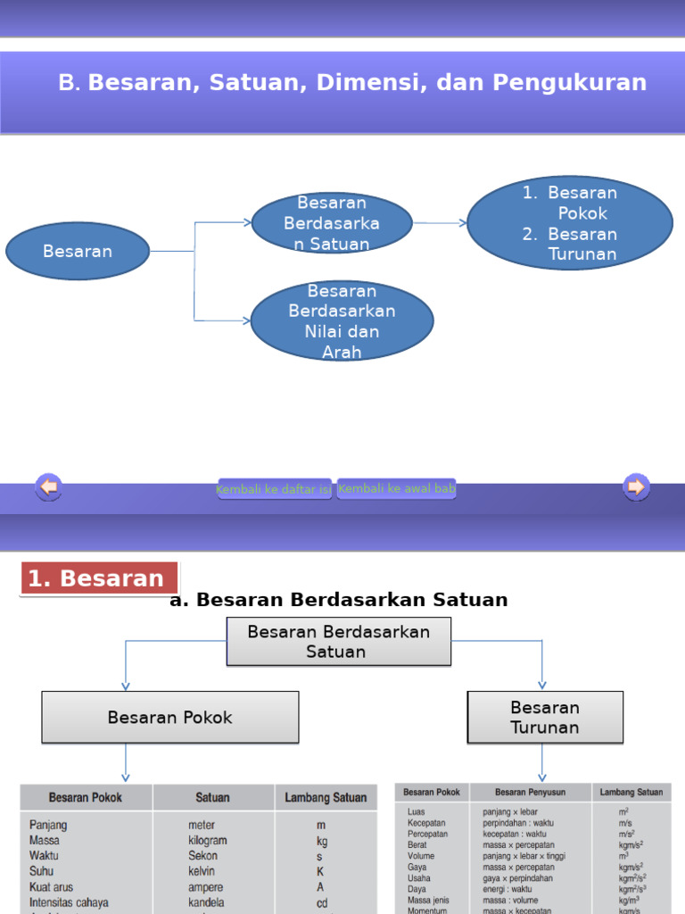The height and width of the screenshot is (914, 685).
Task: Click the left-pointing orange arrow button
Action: coord(48,486)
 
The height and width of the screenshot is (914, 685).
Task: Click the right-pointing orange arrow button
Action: coord(636,486)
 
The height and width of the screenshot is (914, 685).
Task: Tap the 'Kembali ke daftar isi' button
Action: coord(275,489)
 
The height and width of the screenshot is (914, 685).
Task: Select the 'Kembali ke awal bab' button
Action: coord(397,488)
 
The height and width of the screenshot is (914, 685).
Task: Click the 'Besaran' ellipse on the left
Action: coord(78,251)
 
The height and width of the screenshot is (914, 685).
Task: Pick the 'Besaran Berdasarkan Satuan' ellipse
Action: coord(332,223)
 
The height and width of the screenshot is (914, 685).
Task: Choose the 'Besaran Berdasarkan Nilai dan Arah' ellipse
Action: coord(342,321)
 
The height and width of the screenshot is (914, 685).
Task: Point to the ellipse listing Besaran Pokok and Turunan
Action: coord(570,223)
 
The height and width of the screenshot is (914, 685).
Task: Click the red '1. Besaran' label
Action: coord(98,578)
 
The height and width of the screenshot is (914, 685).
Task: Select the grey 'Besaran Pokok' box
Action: coord(169,718)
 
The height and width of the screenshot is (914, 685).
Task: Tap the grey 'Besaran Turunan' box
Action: coord(545,718)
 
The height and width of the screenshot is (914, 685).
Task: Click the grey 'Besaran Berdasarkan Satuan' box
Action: coord(339,642)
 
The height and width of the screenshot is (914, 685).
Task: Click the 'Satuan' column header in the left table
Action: coord(212,797)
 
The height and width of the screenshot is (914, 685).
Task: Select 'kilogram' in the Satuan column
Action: coord(207,840)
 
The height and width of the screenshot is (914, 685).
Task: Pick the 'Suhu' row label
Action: coord(41,871)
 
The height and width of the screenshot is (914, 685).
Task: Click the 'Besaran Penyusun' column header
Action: coord(530,792)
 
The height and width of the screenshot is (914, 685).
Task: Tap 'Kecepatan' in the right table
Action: coord(427,823)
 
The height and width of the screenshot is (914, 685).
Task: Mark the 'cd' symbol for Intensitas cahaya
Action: coord(322,902)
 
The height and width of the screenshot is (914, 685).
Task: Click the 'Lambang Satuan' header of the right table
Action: coord(631,792)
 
